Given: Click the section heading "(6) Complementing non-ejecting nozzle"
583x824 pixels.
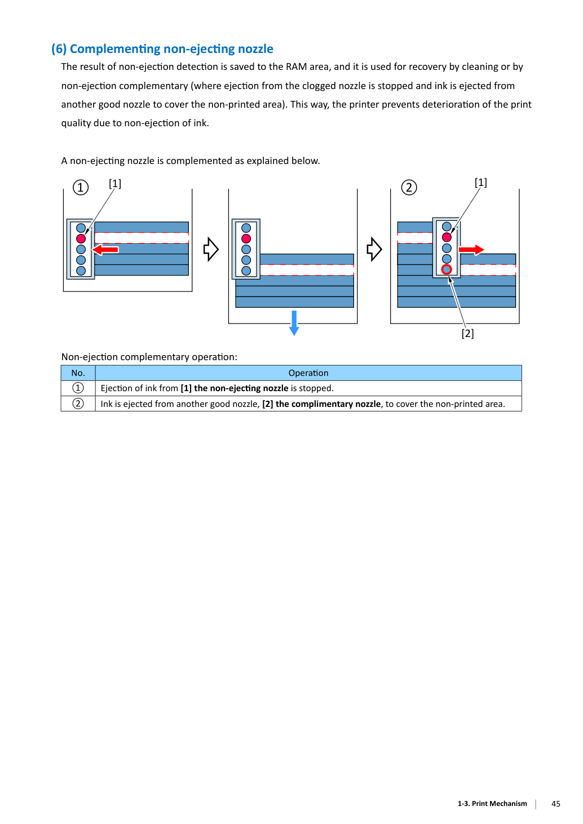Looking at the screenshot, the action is point(162,49).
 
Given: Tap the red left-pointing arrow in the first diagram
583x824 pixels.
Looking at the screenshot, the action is point(105,250).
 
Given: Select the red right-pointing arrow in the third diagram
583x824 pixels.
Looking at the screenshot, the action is point(471,250).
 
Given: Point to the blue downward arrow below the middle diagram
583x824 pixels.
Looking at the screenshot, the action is point(294,323).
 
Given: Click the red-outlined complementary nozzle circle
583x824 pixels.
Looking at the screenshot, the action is point(447,269).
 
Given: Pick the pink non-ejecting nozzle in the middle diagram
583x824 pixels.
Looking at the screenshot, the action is point(246,239).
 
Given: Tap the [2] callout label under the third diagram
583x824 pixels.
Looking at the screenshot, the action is point(468,333).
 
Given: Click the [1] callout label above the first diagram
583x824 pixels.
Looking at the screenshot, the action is point(115,183).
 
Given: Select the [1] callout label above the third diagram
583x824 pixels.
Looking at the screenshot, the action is point(481,182).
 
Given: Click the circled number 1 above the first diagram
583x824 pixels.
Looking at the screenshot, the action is point(81,187).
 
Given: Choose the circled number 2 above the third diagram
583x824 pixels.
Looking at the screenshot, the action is point(409,187).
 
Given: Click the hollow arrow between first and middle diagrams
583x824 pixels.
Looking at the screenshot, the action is point(211,249).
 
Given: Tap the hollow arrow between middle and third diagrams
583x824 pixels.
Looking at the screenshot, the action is point(374,249).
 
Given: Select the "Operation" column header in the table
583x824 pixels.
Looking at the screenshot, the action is point(308,373).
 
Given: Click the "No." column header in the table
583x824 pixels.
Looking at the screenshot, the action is point(78,373).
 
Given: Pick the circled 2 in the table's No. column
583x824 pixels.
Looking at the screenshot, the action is point(78,404).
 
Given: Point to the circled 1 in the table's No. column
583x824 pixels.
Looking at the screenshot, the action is point(78,388).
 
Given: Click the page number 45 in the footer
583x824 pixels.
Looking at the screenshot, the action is point(556,804).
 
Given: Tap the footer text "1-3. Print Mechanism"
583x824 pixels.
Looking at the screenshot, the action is point(492,804).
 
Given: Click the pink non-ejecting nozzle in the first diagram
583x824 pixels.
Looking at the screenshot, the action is point(81,239).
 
